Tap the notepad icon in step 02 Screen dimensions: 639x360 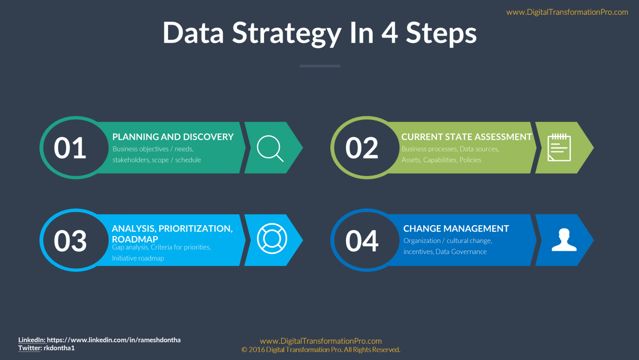coord(559,148)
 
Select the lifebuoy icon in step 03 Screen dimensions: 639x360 coord(272,239)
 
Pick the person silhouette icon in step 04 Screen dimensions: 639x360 coord(564,240)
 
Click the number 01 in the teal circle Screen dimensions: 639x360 coord(70,148)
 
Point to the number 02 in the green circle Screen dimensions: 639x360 coord(362,148)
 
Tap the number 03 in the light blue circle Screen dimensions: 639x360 coord(70,240)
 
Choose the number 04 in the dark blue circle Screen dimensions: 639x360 coord(362,240)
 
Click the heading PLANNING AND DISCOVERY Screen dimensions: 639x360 coord(173,137)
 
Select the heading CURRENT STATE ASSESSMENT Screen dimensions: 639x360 coord(466,137)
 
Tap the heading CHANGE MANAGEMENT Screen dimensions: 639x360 coord(456,228)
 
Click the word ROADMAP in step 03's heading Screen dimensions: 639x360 coord(135,239)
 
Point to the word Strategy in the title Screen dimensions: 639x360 coord(287,33)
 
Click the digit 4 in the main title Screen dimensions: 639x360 coord(390,32)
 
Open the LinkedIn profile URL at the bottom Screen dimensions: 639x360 coord(114,340)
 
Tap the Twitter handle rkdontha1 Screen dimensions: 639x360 coord(59,348)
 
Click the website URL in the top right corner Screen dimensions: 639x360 coord(567,12)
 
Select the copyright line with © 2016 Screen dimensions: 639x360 coord(321,350)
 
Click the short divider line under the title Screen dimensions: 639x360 coord(320,66)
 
